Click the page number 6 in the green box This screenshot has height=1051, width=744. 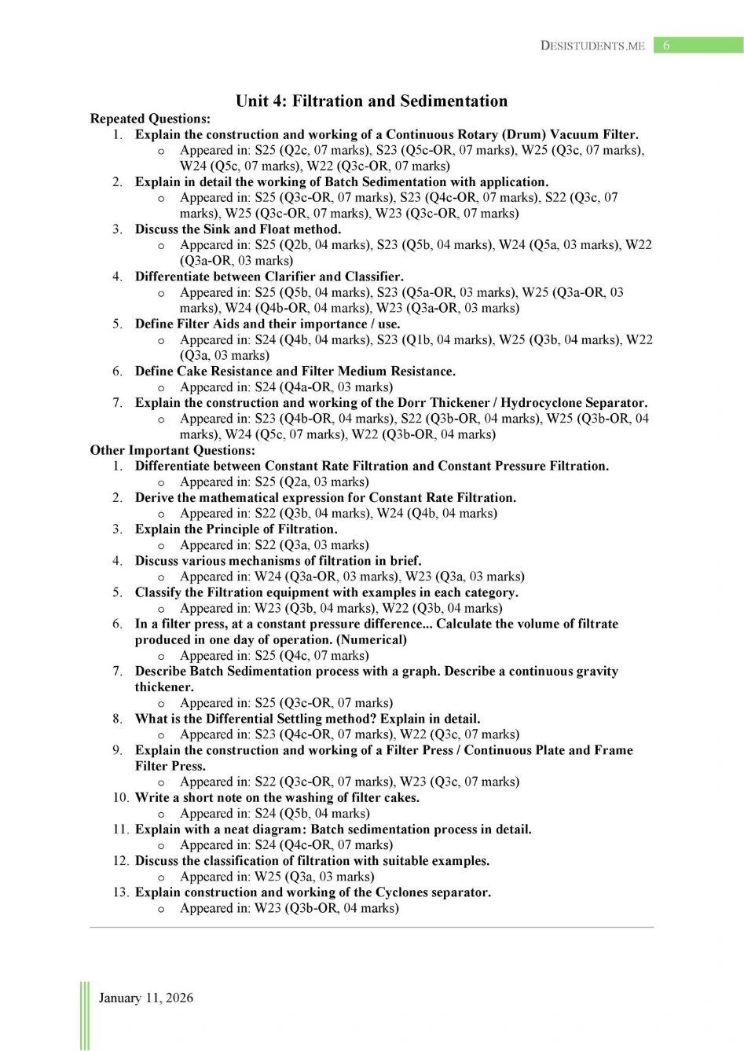[x=666, y=46]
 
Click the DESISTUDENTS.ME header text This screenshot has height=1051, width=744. [x=592, y=46]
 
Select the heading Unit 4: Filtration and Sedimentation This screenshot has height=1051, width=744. [x=372, y=101]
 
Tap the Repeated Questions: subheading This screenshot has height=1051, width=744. [x=150, y=119]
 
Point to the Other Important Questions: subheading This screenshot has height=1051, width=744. [x=172, y=450]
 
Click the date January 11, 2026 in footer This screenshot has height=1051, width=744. [x=145, y=998]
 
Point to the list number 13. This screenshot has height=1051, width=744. [x=120, y=892]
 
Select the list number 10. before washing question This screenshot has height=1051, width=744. [x=120, y=797]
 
